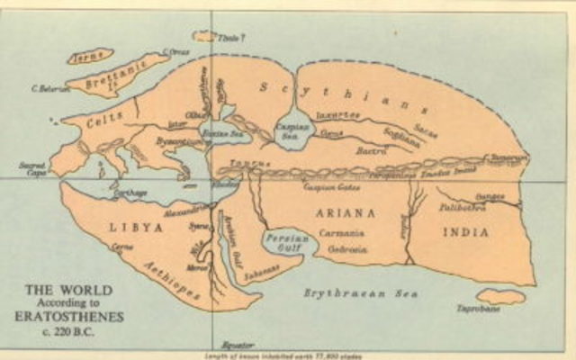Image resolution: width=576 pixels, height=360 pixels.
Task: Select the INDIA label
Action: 466,231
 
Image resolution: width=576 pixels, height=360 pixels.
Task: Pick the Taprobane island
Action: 500,296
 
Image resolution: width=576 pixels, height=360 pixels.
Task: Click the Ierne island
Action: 90,55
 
